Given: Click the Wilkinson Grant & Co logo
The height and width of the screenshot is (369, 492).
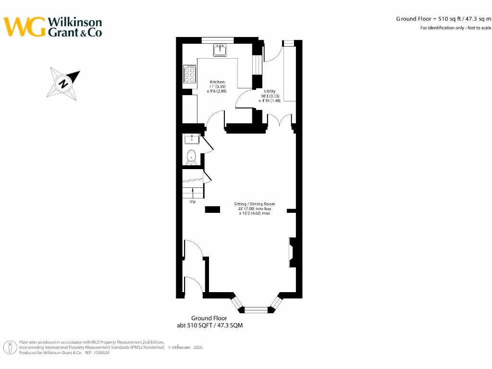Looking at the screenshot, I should pyautogui.click(x=53, y=27).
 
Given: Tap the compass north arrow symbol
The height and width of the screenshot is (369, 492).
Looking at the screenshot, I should pyautogui.click(x=63, y=83).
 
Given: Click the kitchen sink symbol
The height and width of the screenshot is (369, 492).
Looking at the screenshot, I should pyautogui.click(x=221, y=50).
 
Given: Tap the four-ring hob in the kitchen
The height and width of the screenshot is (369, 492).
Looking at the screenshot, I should pyautogui.click(x=189, y=74).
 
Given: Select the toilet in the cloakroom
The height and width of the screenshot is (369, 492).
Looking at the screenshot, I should pyautogui.click(x=192, y=157).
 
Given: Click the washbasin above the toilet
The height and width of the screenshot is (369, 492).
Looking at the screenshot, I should pyautogui.click(x=192, y=139).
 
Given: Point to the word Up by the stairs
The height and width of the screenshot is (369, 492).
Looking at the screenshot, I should pyautogui.click(x=193, y=202).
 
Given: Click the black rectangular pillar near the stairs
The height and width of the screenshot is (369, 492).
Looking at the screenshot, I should pyautogui.click(x=213, y=209).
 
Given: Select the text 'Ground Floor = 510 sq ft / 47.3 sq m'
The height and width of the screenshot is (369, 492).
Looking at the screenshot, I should pyautogui.click(x=443, y=19).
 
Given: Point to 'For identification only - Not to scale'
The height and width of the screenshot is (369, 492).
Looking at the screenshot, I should pyautogui.click(x=455, y=28).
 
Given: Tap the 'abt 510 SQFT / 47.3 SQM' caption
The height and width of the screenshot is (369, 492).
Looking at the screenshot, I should pyautogui.click(x=209, y=325).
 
